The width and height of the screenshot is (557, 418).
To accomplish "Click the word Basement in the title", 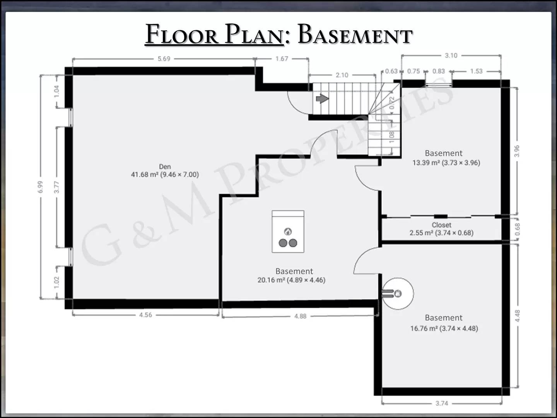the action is pos(355,34).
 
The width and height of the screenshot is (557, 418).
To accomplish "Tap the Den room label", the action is pos(165,167).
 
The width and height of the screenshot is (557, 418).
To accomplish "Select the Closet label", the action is pos(442,225).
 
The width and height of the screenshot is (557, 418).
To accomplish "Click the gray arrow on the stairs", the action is pos(323,98).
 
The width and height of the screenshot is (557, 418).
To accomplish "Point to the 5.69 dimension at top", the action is pos(164,58).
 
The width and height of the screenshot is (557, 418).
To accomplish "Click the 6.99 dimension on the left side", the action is pos(40,187).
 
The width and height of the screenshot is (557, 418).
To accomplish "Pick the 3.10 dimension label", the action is pos(451,55).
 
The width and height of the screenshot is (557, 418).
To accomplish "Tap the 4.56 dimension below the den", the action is pos(145,315).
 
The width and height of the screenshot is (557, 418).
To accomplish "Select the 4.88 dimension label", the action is pos(300,316).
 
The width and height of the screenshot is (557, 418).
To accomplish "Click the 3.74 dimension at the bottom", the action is pos(442,403).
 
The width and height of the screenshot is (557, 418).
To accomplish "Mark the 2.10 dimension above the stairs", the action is pos(342,75).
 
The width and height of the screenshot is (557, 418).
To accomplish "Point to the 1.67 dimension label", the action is pos(282,58).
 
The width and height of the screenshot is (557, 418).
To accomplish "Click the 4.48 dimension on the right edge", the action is pos(518,316).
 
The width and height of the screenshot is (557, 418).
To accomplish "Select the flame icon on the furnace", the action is pos(288,231).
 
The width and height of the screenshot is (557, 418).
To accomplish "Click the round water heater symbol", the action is pos(398,294).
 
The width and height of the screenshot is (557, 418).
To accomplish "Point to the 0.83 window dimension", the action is pos(439,71).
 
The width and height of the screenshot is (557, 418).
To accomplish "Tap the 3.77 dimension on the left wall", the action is pos(56,187).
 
